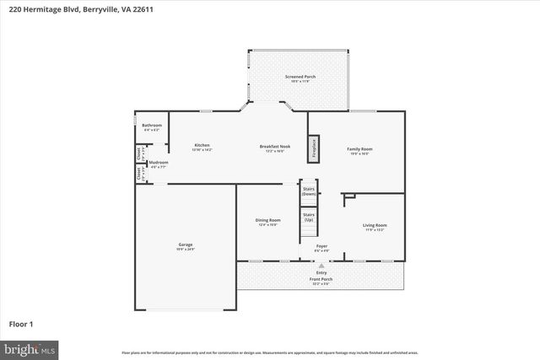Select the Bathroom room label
[x=152, y=126]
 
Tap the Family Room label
[x=359, y=151]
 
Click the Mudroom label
[x=159, y=164]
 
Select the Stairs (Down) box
[x=308, y=191]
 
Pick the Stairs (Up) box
[x=308, y=218]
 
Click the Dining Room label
[x=268, y=222]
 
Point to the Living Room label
[x=375, y=226]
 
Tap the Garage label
[x=186, y=246]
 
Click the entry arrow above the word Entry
[x=321, y=265]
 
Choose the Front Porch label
[x=321, y=281]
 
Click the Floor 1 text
[x=20, y=323]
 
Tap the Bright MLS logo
[x=30, y=347]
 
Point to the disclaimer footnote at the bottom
[x=269, y=352]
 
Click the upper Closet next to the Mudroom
[x=139, y=153]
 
